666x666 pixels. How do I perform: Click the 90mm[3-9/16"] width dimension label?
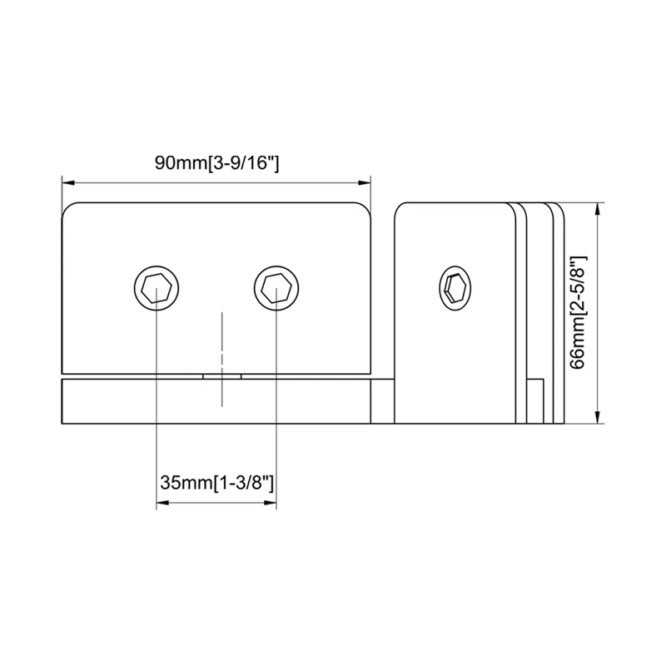coord(216,163)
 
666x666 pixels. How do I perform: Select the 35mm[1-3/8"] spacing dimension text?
coord(216,482)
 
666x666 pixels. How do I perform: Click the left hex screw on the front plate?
coord(157,289)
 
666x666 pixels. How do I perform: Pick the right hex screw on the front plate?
coord(276,289)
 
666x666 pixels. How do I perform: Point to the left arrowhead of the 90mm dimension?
coord(67,181)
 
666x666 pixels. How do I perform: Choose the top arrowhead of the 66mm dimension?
coord(599,208)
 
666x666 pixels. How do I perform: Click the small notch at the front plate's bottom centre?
coord(221,376)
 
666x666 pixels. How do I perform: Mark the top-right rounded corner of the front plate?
coord(363,210)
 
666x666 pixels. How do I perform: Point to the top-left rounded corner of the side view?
coord(401,210)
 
